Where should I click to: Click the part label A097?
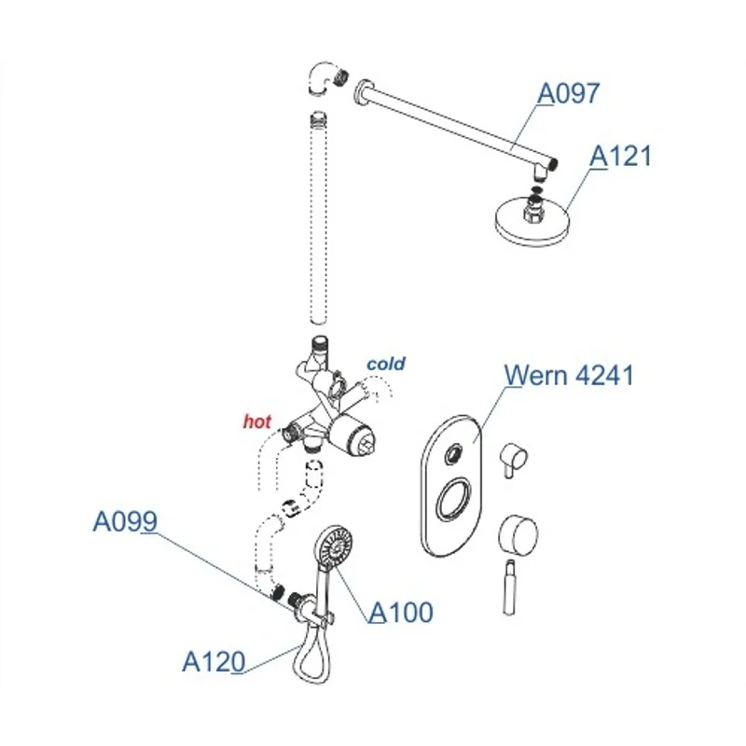click(x=569, y=93)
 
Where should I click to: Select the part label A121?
click(x=620, y=156)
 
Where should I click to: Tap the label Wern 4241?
click(x=569, y=376)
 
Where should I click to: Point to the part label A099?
click(x=124, y=522)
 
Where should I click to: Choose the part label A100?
click(x=401, y=613)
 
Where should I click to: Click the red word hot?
click(x=256, y=421)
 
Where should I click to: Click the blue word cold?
click(x=385, y=364)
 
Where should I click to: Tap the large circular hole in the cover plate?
click(x=452, y=499)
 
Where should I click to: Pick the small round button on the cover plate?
click(x=454, y=454)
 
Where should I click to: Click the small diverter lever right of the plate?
click(x=514, y=460)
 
